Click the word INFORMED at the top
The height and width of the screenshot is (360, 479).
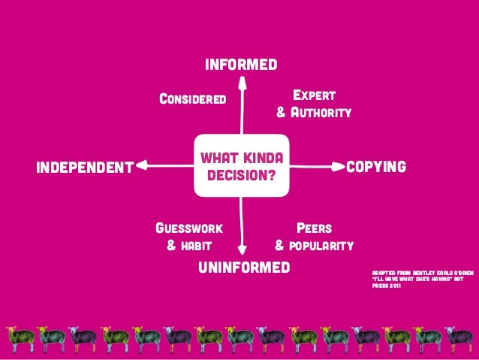click(x=241, y=64)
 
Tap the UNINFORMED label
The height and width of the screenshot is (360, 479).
click(x=243, y=268)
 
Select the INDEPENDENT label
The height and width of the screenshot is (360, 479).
click(x=84, y=166)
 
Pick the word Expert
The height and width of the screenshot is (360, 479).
click(x=314, y=95)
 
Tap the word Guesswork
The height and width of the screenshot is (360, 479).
click(x=189, y=227)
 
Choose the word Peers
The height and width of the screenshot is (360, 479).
click(x=315, y=227)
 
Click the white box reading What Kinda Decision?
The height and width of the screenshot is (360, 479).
click(x=241, y=166)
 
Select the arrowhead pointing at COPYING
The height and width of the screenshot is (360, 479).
click(x=337, y=165)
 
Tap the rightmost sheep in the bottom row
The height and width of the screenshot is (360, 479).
click(x=459, y=337)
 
